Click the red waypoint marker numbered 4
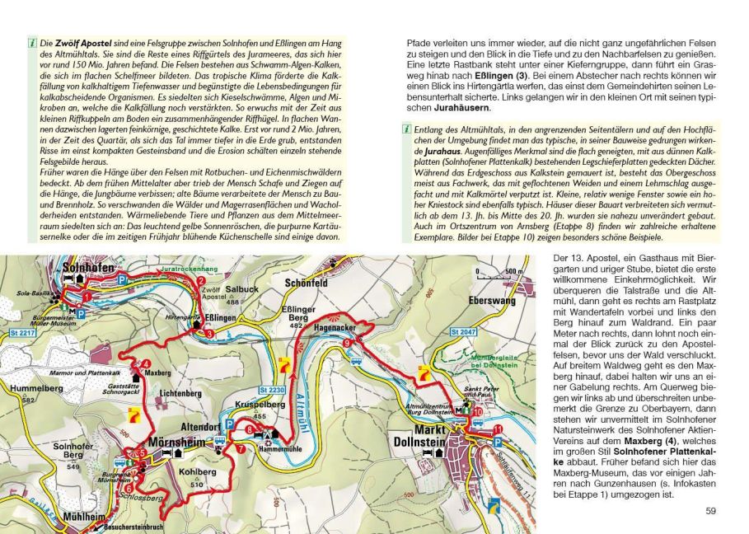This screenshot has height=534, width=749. click(146, 363)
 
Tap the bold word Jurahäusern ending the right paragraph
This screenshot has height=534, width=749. click(461, 107)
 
